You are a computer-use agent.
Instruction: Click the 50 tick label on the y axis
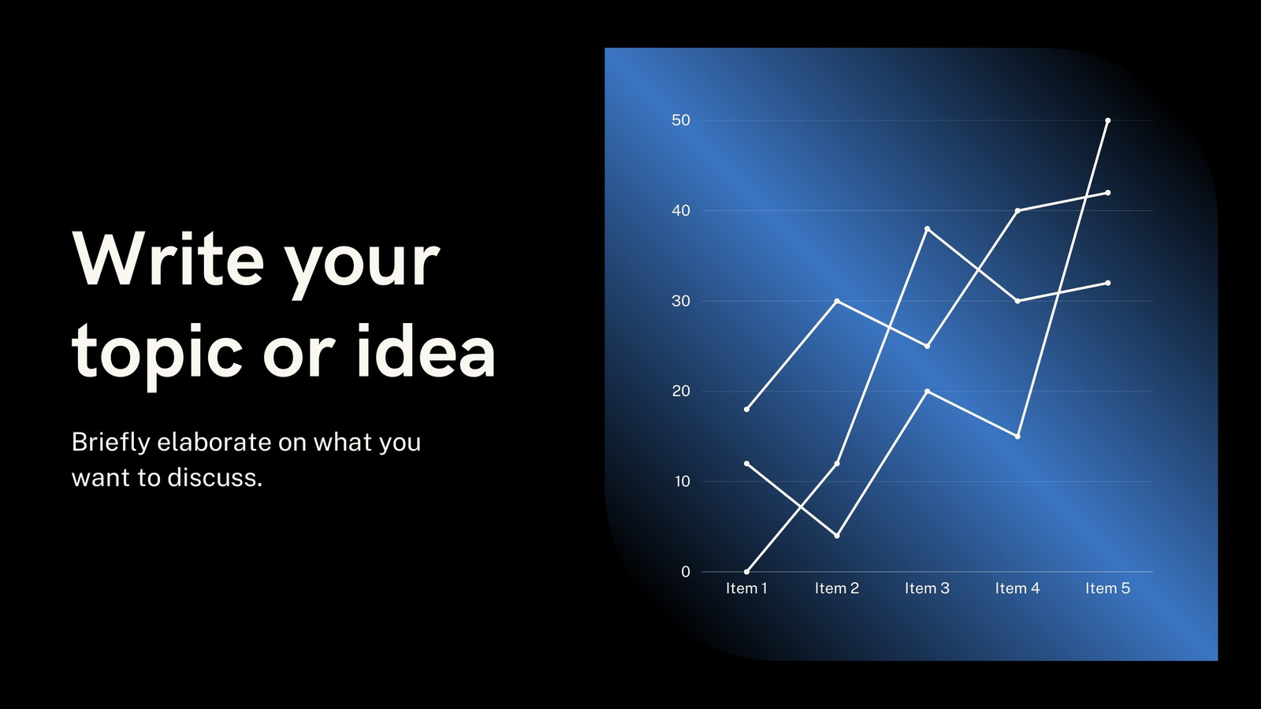681,121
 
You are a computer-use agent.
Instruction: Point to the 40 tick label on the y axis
681,211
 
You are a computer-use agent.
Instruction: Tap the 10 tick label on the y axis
682,481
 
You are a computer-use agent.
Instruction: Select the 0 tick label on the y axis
686,572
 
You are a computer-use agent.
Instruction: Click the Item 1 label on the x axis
746,588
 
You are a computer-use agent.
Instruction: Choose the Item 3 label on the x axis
927,588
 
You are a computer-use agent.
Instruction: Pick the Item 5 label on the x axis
1108,588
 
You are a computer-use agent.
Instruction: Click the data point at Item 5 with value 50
1108,121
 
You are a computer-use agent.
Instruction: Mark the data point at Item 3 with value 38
927,229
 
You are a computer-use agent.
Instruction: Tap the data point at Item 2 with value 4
837,536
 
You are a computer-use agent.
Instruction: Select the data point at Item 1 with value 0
746,572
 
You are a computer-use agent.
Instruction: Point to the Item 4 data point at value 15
1017,436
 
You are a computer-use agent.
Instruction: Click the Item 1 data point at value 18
746,409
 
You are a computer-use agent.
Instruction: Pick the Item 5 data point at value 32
1108,283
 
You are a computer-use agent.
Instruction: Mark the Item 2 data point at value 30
837,301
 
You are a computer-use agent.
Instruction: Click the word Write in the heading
168,259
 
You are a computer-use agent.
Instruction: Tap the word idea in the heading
426,349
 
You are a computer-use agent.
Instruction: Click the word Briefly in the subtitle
111,442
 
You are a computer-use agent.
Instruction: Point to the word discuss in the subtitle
215,477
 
